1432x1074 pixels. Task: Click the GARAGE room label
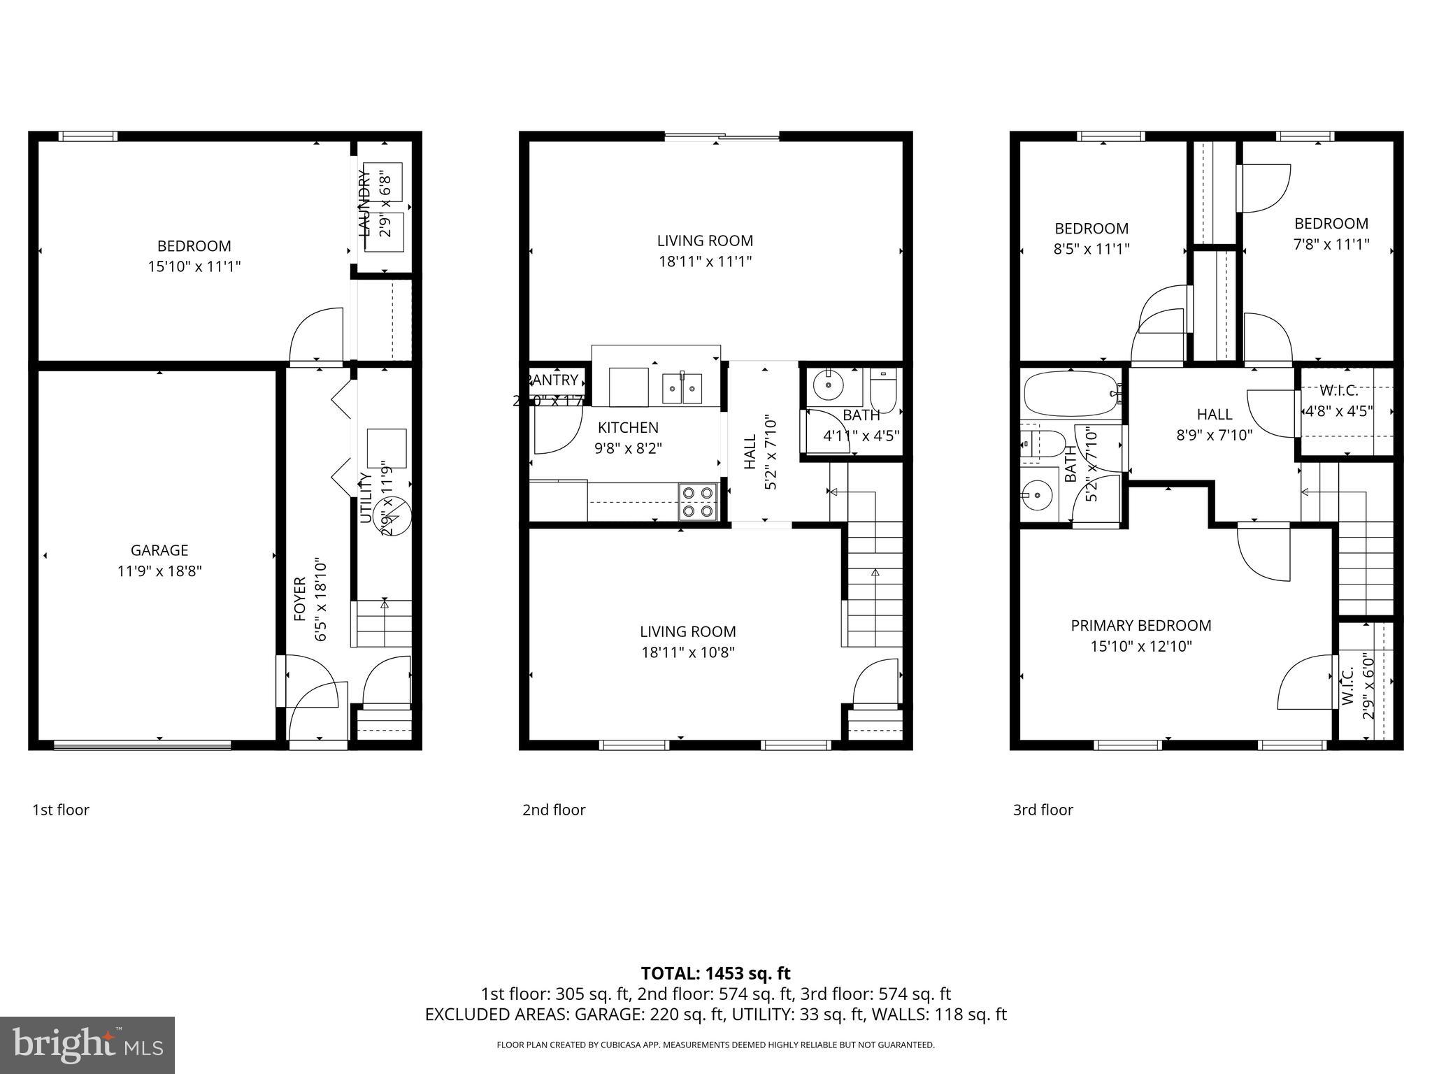tap(159, 550)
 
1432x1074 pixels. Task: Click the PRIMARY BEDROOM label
tap(1140, 626)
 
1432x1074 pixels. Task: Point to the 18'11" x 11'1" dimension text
tap(705, 262)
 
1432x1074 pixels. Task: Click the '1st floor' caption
tap(61, 810)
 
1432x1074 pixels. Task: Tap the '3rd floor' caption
tap(1043, 810)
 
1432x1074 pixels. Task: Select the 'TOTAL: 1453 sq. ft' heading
tap(715, 973)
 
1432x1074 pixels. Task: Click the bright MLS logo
tap(87, 1045)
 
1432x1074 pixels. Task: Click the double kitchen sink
tap(682, 389)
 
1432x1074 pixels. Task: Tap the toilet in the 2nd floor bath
tap(882, 393)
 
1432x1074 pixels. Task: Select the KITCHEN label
tap(628, 427)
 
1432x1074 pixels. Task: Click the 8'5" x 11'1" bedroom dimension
tap(1091, 249)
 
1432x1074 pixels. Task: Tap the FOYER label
tap(300, 599)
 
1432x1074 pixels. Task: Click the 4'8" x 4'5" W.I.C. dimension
tap(1338, 411)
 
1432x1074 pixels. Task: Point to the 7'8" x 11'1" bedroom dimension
tap(1331, 244)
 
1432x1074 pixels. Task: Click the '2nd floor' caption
tap(554, 810)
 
